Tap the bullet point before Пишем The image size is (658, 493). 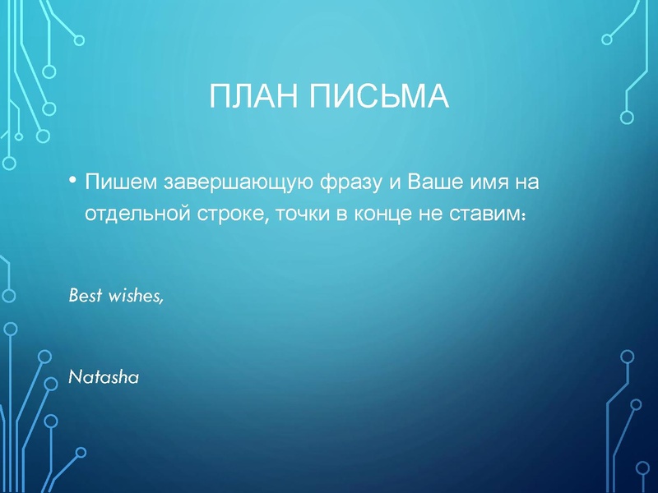[72, 180]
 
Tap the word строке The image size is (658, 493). [228, 213]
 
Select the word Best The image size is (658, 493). [85, 295]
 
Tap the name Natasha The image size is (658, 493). [103, 378]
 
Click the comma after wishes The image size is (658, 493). [162, 301]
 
